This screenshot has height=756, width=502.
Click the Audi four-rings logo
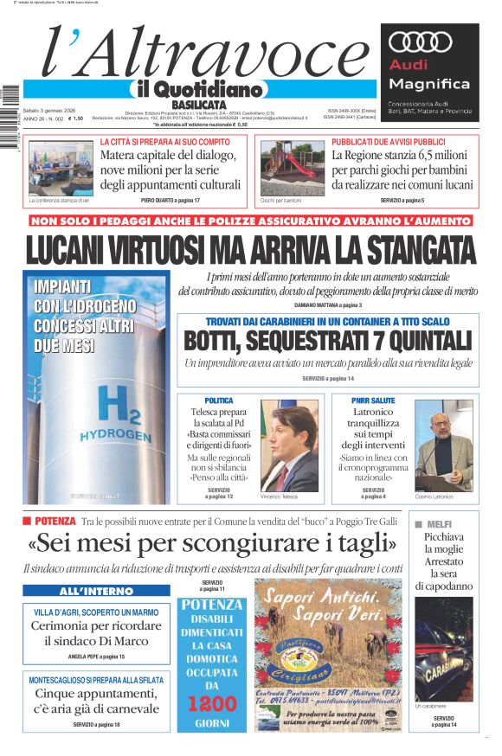pos(421,42)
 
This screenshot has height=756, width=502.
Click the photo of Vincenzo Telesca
pos(289,445)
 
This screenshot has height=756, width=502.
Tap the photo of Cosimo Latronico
pos(443,445)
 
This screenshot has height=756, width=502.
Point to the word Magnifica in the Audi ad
pos(429,84)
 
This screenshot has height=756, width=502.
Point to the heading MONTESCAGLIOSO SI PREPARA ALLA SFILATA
pos(97,681)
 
